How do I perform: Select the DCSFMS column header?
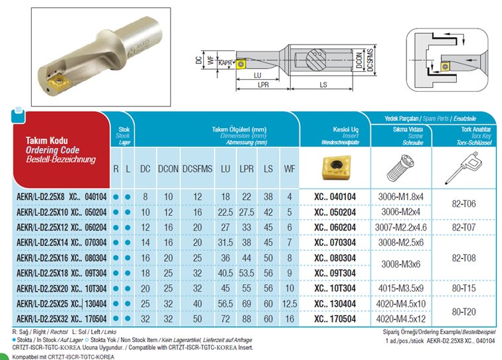[197, 169]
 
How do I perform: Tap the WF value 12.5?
[290, 304]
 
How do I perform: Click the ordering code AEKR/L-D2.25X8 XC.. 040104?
[52, 197]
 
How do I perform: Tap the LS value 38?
[269, 197]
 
